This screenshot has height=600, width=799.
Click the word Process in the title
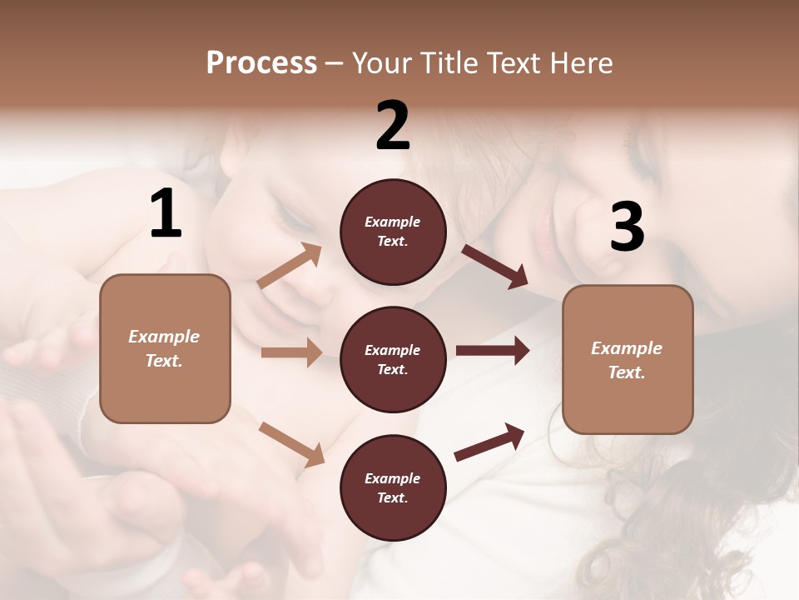point(261,63)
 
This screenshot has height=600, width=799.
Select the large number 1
point(166,214)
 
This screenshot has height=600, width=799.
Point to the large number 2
point(393,126)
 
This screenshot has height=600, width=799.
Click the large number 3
point(627,227)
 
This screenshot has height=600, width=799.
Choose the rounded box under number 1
point(165,348)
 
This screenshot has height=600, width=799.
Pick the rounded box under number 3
point(628,360)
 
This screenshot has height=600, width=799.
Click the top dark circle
point(393,232)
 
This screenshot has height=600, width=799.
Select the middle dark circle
point(393,360)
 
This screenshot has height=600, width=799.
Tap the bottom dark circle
point(393,488)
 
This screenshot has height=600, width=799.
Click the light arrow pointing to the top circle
point(290,266)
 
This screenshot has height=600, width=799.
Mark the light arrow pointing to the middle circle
point(291,352)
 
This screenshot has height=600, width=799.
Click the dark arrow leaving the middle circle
point(492,351)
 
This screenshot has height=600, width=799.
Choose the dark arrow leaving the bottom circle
point(489,442)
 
